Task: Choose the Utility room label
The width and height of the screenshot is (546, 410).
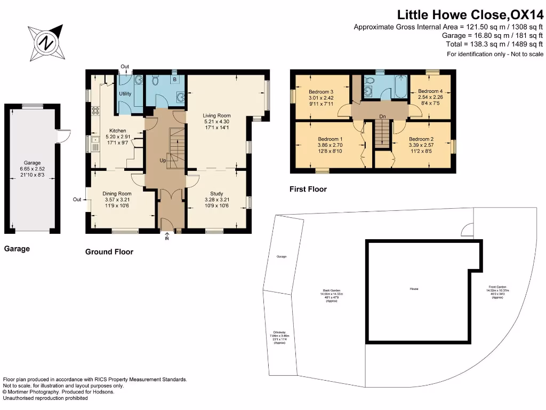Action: (125, 94)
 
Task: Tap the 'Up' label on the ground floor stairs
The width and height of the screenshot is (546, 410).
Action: (163, 160)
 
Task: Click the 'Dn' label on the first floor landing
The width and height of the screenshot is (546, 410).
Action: (382, 116)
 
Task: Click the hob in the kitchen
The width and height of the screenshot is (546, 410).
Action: (97, 111)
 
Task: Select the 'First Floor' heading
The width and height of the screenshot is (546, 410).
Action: (308, 189)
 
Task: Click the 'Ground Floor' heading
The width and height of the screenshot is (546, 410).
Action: (109, 251)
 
